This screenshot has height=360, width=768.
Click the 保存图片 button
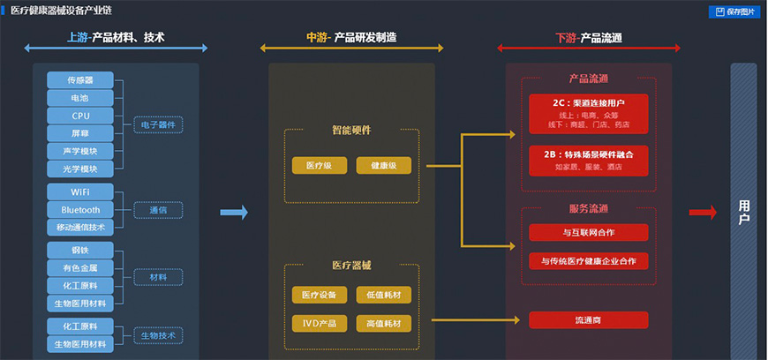click(x=735, y=11)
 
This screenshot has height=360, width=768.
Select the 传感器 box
click(x=80, y=79)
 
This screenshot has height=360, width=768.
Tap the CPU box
click(x=80, y=116)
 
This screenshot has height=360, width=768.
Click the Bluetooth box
click(x=80, y=210)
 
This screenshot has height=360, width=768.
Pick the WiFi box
click(x=80, y=191)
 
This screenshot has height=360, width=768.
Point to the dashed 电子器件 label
click(x=158, y=125)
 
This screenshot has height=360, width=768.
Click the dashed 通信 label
click(x=158, y=210)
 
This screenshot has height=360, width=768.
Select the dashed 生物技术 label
click(x=158, y=335)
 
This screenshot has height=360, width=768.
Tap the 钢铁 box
click(x=80, y=250)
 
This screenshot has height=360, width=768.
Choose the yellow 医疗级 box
click(x=319, y=166)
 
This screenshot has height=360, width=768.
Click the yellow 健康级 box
click(x=384, y=166)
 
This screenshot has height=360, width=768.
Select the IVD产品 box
click(x=319, y=324)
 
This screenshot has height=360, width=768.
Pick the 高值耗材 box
click(x=384, y=324)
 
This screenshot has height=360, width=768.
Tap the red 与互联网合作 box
click(x=589, y=233)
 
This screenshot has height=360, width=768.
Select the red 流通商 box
click(x=589, y=320)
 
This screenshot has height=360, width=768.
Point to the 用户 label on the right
click(x=743, y=213)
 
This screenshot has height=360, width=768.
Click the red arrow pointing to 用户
click(x=703, y=212)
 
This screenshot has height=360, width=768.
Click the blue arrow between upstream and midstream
click(x=233, y=212)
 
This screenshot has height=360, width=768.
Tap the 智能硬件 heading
click(x=351, y=131)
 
